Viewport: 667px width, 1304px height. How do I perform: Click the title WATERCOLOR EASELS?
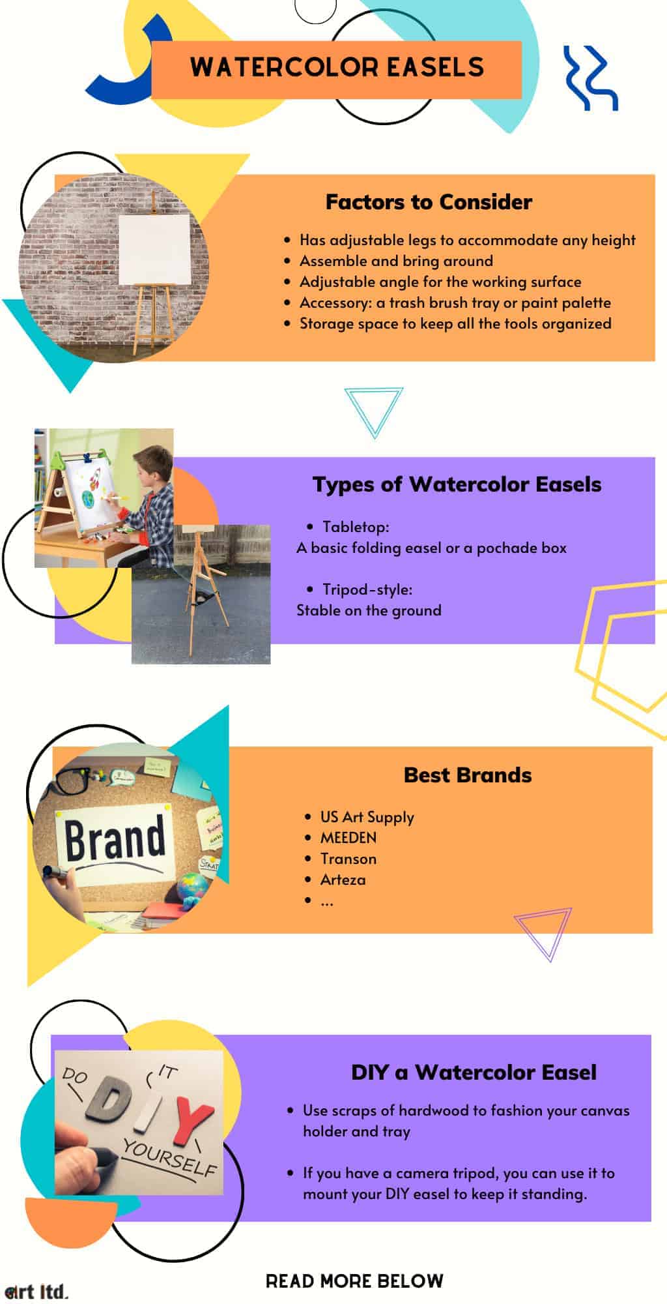pyautogui.click(x=337, y=67)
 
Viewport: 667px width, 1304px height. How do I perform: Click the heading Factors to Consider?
pyautogui.click(x=429, y=202)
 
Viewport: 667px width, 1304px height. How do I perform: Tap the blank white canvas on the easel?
pyautogui.click(x=154, y=250)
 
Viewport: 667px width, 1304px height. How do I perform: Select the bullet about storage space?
pyautogui.click(x=455, y=323)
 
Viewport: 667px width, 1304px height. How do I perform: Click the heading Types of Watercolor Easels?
pyautogui.click(x=457, y=484)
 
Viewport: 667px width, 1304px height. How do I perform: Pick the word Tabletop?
pyautogui.click(x=355, y=527)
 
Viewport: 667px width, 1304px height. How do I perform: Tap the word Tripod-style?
pyautogui.click(x=367, y=589)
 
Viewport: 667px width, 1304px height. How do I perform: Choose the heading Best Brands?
pyautogui.click(x=468, y=775)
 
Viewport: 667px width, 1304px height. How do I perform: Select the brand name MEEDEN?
pyautogui.click(x=348, y=838)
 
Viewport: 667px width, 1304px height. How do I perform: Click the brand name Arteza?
pyautogui.click(x=343, y=880)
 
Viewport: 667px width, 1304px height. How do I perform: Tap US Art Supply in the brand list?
pyautogui.click(x=367, y=817)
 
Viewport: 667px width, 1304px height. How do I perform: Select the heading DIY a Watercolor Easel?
pyautogui.click(x=474, y=1073)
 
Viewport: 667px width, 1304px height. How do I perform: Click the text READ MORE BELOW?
pyautogui.click(x=354, y=1281)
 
